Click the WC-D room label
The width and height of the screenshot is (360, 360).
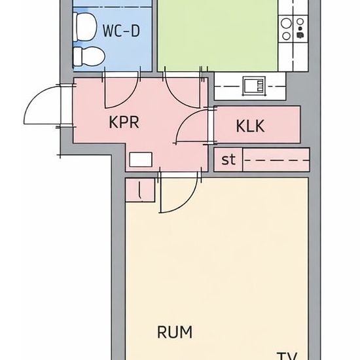[121, 30]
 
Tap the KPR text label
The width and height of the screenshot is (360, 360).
[124, 122]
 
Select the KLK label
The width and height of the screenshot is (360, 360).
[251, 126]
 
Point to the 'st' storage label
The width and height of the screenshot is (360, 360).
[228, 159]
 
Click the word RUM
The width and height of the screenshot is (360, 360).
[175, 332]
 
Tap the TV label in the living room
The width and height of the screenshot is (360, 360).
[287, 356]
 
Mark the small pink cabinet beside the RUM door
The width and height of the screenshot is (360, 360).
[139, 190]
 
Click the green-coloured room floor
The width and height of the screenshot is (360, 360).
[216, 36]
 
